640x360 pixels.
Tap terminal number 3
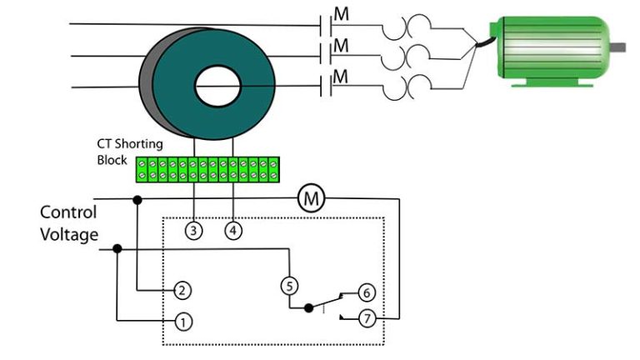click(194, 232)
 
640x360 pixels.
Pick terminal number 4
click(233, 232)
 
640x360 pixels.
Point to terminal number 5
click(288, 285)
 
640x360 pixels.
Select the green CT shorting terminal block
click(207, 169)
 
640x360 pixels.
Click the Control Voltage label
click(68, 223)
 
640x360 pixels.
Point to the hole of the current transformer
click(217, 85)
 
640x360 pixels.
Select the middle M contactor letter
click(341, 45)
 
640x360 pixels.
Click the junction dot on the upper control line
click(137, 200)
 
